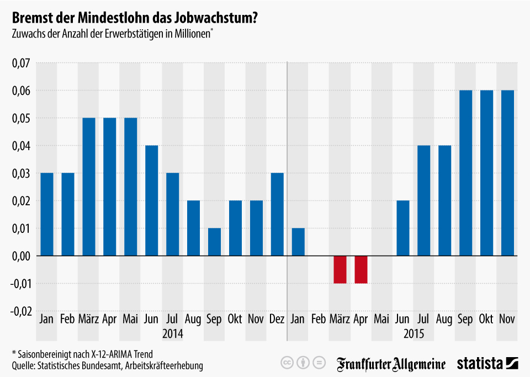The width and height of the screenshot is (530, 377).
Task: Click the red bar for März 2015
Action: coord(340,269)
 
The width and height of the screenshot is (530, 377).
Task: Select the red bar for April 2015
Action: coord(361,269)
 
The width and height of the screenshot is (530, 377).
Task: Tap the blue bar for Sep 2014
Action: coord(214,242)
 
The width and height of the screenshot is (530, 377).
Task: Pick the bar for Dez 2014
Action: coord(277,214)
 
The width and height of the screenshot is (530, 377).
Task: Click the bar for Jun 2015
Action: coord(403,228)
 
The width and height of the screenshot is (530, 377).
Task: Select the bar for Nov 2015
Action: coord(507,173)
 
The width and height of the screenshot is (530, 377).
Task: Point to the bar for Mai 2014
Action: coord(130,187)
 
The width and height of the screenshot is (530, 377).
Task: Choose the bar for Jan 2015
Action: coord(298,242)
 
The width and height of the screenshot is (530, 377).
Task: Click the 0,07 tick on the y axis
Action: coord(20,63)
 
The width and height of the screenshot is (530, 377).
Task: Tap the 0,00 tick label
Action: coord(20,256)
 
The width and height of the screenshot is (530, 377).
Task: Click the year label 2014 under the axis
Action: coord(172,334)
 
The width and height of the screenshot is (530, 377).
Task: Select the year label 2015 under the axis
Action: coord(414,334)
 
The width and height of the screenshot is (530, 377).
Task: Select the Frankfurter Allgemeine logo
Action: coord(391,363)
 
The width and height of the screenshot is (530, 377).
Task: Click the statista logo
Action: coord(487,363)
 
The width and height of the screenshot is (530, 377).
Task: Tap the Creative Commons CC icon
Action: coord(287,363)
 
